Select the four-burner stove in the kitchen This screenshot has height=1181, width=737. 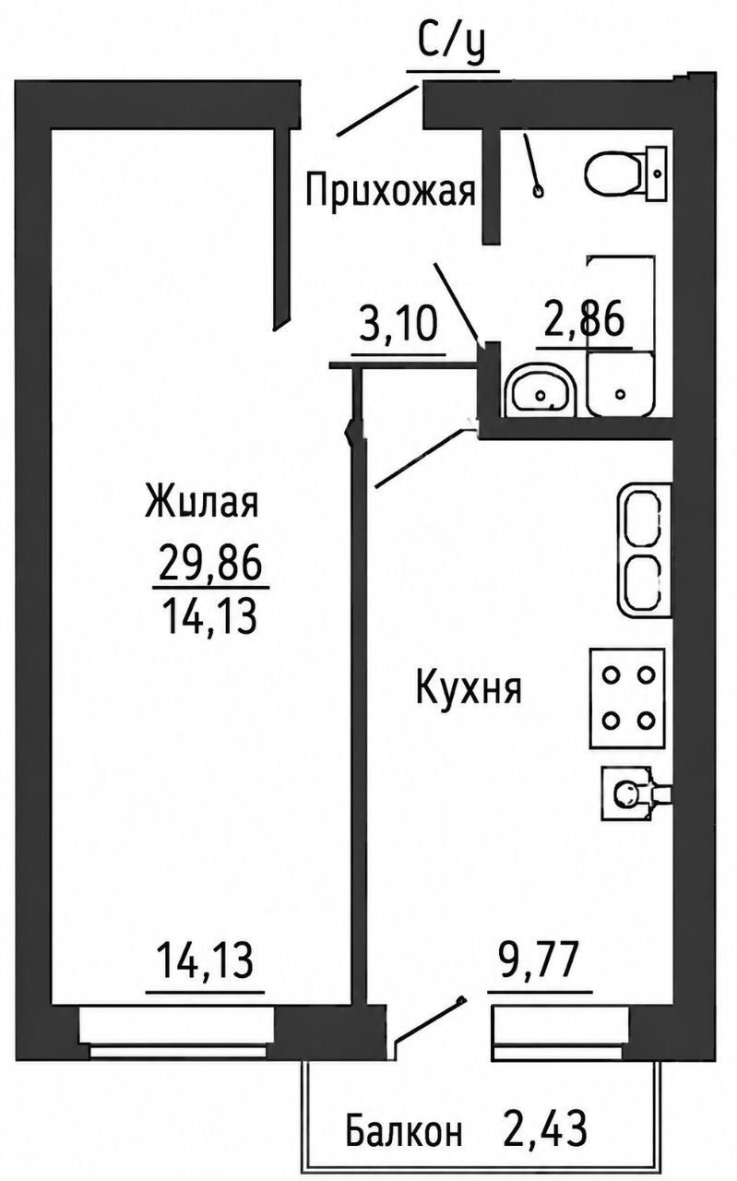coord(627,698)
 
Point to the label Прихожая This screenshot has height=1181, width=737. coord(391,190)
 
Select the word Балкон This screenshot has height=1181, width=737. coord(404,1128)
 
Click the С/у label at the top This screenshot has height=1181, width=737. coord(451,45)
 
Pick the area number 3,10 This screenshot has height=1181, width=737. coord(398,323)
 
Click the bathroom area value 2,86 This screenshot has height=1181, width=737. coord(584,318)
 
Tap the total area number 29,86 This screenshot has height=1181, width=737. coord(209,565)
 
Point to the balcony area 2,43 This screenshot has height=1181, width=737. coord(545,1127)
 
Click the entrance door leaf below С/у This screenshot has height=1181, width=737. coord(377,110)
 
